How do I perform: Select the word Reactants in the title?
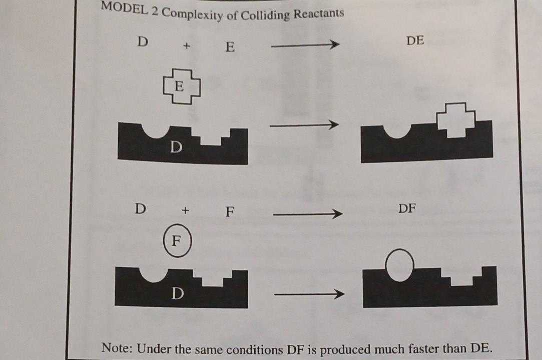tap(319, 13)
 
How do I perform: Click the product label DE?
tap(415, 41)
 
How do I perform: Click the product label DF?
tap(407, 208)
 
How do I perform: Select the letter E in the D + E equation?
tap(230, 47)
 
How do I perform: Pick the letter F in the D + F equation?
tap(229, 212)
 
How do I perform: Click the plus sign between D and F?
tap(185, 210)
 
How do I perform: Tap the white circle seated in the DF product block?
tap(400, 264)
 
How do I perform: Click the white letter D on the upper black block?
tap(175, 147)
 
